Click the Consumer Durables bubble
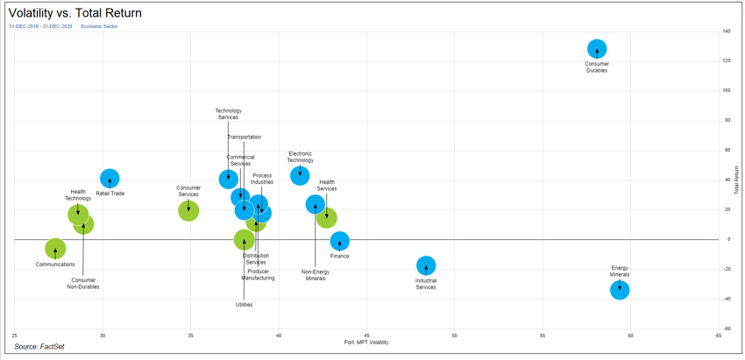point(597,49)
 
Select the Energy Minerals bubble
point(620,290)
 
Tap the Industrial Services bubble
point(425,265)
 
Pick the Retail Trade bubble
point(110,179)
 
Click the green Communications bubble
point(55,249)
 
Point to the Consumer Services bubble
point(188,210)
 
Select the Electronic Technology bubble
point(300,175)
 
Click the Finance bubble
point(340,241)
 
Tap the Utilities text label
point(244,305)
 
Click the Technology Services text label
point(228,114)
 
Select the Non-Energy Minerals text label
point(316,275)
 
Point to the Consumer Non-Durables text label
point(83,283)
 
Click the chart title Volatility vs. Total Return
point(74,13)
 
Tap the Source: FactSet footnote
point(39,347)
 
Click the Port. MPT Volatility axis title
point(366,342)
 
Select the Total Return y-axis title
point(737,180)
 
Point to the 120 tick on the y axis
point(727,60)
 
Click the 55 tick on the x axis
point(543,335)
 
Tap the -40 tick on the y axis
point(727,299)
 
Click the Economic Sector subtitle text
point(99,26)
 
